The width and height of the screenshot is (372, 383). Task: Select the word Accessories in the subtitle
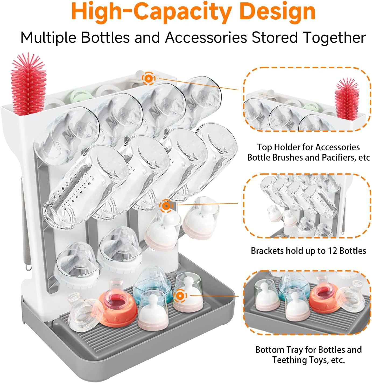click(206, 37)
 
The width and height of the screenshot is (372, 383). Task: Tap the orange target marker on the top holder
click(149, 79)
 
